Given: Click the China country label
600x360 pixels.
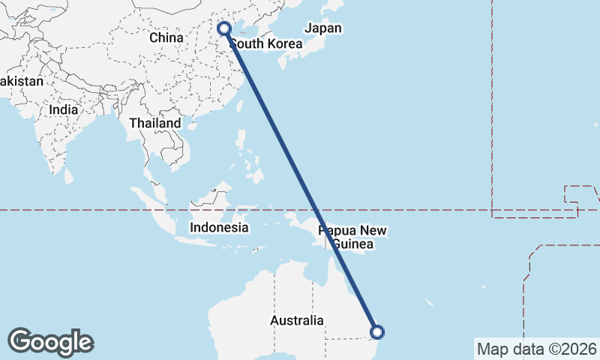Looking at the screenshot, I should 166,37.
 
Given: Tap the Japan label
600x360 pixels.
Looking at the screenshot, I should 323,28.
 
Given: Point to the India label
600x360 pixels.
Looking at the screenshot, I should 63,109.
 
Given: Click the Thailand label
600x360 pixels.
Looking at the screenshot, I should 155,123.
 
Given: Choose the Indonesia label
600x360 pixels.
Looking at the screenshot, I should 219,227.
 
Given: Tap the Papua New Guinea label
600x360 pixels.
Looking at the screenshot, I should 352,237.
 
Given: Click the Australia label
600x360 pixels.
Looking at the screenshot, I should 297,321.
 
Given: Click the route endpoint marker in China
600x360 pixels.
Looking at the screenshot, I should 224,29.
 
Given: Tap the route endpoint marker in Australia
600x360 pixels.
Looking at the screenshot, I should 377,331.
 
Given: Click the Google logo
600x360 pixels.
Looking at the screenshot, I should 50,342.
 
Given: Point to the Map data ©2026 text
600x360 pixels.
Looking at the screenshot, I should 536,349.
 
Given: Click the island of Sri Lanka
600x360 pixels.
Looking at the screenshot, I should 69,176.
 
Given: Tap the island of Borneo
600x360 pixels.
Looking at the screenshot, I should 211,198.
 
